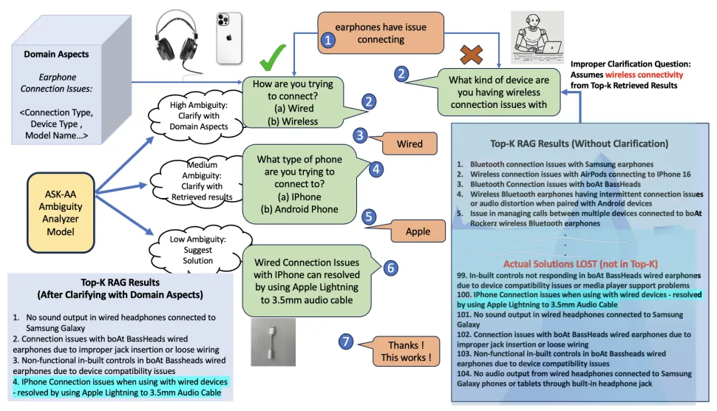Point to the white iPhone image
click(230, 38)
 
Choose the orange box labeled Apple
click(418, 231)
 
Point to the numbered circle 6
click(392, 267)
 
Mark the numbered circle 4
click(376, 168)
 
